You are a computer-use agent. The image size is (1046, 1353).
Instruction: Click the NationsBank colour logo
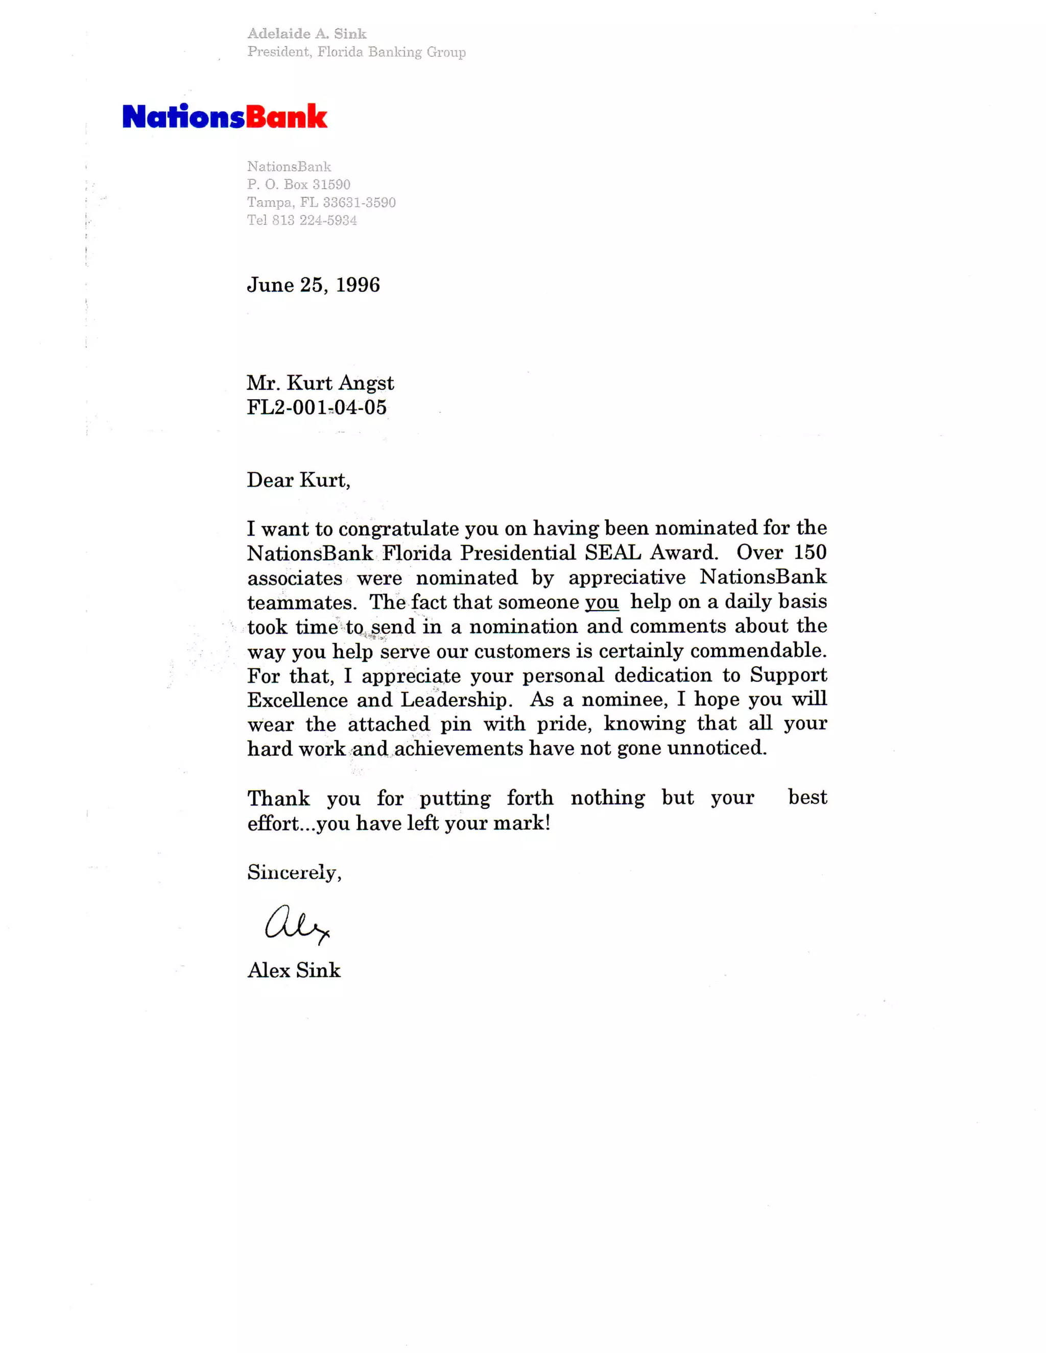click(x=224, y=116)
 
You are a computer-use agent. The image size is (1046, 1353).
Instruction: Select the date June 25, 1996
click(x=314, y=285)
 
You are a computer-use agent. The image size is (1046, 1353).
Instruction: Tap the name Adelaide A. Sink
click(x=307, y=34)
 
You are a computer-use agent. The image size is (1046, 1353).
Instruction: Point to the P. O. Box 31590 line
click(x=299, y=185)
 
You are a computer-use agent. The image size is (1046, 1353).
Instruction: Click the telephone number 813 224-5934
click(x=314, y=221)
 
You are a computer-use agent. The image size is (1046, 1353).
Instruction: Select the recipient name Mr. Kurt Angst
click(x=320, y=383)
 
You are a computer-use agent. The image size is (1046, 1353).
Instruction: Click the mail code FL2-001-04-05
click(x=317, y=407)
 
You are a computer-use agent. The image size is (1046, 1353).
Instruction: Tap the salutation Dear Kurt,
click(x=299, y=480)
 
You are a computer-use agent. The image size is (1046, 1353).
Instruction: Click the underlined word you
click(x=602, y=601)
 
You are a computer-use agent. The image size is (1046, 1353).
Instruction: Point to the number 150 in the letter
click(x=810, y=552)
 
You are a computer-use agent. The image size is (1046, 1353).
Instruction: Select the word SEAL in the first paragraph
click(x=612, y=552)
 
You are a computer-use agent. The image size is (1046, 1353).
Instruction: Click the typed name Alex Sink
click(x=294, y=970)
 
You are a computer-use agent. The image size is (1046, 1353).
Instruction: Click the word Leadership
click(x=456, y=699)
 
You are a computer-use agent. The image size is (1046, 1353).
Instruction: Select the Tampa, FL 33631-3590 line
click(x=321, y=203)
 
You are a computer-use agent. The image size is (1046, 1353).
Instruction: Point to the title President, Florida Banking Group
click(x=356, y=52)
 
